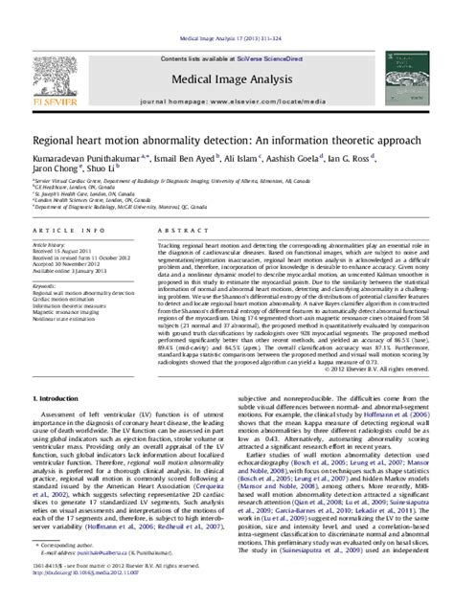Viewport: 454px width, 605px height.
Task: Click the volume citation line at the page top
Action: [226, 9]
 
